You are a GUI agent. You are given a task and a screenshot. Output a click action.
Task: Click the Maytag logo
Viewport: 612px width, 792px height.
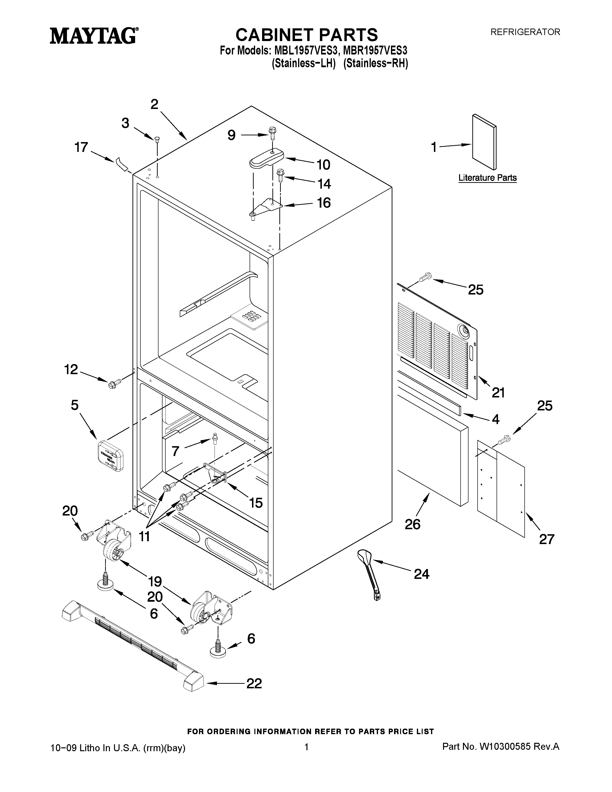[x=94, y=36]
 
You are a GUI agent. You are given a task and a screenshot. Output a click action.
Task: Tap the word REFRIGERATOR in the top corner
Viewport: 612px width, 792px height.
[x=525, y=32]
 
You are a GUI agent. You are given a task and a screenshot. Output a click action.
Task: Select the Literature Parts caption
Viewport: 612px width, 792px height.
[x=487, y=178]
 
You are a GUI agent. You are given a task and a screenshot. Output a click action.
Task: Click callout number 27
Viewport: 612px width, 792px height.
[x=546, y=539]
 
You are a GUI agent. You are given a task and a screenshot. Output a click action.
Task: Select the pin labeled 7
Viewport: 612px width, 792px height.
[x=215, y=438]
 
